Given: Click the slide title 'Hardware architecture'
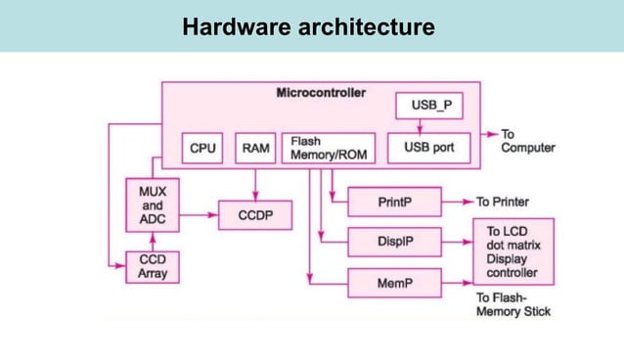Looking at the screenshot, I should (308, 26).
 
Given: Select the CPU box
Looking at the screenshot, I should (202, 148).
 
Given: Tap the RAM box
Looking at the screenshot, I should (255, 148).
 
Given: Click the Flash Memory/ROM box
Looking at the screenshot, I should (328, 148).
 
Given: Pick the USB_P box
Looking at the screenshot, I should (428, 104).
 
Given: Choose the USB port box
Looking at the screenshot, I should (428, 148).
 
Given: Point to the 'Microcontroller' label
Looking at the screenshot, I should (321, 93).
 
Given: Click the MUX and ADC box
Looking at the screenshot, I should (152, 206).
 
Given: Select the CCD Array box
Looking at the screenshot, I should (152, 266).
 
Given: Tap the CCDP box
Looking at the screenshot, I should (255, 215).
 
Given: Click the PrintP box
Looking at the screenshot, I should (394, 202).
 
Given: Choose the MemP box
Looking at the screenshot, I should (394, 284).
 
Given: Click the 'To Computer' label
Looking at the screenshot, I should (527, 141).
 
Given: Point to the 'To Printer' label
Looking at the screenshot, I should (503, 202).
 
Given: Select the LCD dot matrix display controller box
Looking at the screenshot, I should (513, 252).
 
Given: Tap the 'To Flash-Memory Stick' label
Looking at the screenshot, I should (513, 304).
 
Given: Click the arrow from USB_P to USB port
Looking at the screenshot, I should (420, 125).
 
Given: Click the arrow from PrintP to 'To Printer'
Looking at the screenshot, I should (457, 202).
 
